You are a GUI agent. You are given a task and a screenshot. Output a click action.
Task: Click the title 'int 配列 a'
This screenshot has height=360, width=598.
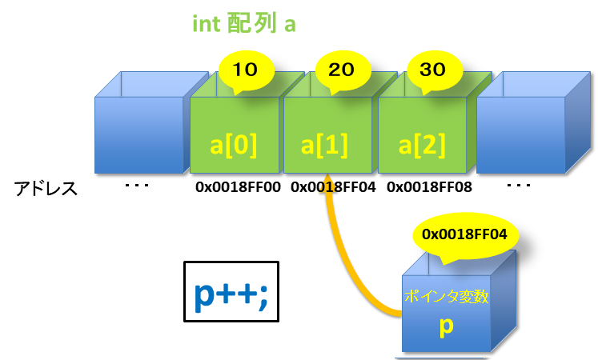[244, 24]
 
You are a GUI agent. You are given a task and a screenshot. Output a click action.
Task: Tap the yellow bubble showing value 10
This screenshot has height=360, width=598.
[246, 70]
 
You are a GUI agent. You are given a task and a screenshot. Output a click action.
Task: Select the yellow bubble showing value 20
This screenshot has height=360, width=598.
[341, 70]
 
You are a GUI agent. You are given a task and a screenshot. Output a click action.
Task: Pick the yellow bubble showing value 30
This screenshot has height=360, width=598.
[432, 70]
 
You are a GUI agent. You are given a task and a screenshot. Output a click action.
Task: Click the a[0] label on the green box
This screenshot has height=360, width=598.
[234, 146]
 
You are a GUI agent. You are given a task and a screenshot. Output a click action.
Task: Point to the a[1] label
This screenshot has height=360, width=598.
[326, 146]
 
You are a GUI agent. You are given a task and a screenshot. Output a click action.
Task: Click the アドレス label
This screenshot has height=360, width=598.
[46, 189]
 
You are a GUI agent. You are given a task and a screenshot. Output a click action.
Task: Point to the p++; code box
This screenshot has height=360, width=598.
[231, 291]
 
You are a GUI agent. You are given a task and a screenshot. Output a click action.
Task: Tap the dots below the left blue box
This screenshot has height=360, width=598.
[137, 186]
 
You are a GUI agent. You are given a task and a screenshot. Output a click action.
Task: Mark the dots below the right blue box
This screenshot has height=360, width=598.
[520, 186]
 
